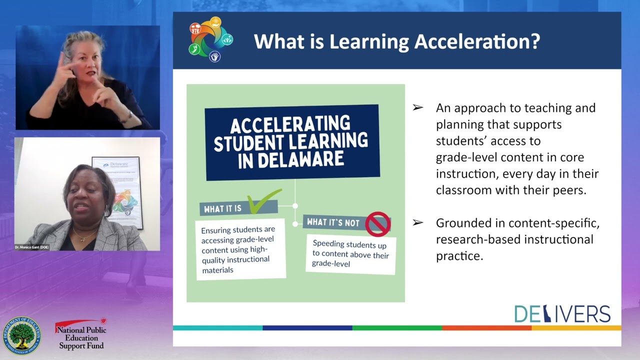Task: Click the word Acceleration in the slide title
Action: coord(477,41)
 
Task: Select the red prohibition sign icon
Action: coord(377,223)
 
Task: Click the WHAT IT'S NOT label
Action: coord(333,222)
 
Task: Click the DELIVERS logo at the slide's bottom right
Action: coord(562,314)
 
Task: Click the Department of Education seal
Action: coord(21,335)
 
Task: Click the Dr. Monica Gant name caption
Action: coord(32,247)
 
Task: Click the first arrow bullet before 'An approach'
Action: coord(417,108)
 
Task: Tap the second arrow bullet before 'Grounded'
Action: coord(417,223)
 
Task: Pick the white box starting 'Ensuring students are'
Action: coord(240,249)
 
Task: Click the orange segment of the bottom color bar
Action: coord(486,328)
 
